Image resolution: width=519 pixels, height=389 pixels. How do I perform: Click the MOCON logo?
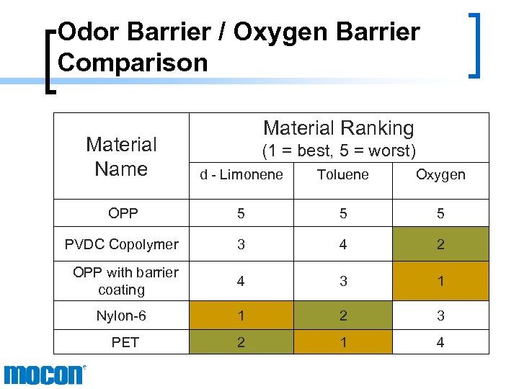point(44,375)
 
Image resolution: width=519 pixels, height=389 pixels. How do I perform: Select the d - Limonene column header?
point(241,174)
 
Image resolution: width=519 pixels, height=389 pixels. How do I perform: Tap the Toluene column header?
point(343,174)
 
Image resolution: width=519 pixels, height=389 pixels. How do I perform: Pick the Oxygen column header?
point(440,174)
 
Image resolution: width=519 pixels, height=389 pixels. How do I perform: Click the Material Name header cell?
point(121,156)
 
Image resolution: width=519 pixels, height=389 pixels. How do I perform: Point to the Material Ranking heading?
point(339,128)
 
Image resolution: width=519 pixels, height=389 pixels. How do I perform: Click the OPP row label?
point(124,213)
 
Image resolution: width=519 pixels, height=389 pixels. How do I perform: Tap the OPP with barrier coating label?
point(124,281)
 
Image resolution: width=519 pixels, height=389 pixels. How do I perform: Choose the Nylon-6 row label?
point(124,316)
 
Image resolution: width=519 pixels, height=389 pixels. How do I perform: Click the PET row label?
point(125,342)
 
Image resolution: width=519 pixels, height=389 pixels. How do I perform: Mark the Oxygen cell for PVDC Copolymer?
point(440,244)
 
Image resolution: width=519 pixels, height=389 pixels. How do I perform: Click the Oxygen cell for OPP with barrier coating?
point(440,281)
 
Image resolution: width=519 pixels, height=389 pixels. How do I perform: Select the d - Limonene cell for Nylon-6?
point(241,316)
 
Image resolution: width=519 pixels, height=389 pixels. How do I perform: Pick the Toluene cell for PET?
point(343,342)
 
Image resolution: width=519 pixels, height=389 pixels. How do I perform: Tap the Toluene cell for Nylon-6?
point(343,316)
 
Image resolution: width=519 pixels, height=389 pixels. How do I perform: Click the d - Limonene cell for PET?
point(241,342)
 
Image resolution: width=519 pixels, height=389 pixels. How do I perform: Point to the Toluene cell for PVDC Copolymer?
point(343,244)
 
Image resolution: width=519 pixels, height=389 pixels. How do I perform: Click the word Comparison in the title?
point(133,63)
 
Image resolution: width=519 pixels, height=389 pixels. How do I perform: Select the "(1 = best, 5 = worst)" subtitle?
point(339,151)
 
